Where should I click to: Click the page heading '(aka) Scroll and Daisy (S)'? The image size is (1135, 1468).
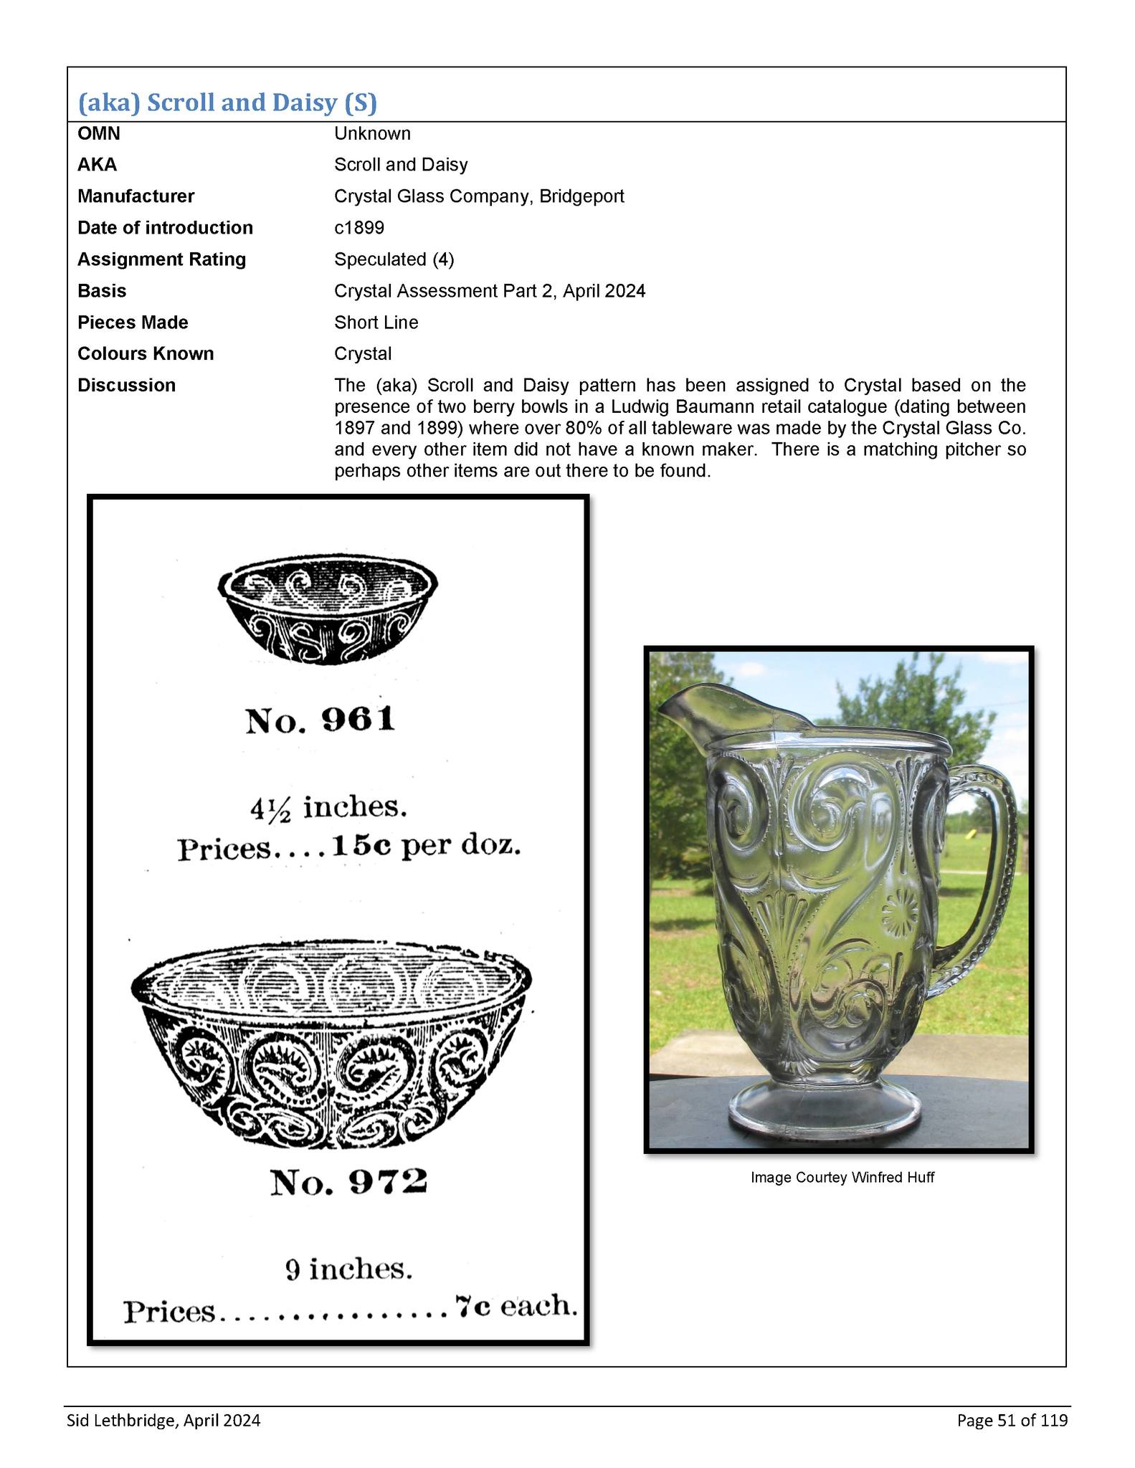[x=227, y=103]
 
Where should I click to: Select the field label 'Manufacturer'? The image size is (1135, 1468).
[x=136, y=196]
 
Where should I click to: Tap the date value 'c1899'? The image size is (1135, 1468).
[x=358, y=228]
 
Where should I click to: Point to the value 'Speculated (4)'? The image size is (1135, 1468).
[x=394, y=259]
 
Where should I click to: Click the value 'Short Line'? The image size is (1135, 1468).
[x=376, y=323]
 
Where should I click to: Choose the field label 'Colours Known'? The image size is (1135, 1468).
[x=146, y=354]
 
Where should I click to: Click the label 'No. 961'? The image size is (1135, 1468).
[x=320, y=720]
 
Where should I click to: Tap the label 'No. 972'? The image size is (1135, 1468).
[x=348, y=1182]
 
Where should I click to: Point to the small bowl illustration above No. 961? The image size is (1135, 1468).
[x=328, y=609]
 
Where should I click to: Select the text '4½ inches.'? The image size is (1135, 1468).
[x=328, y=809]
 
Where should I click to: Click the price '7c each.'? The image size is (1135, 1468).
[x=516, y=1307]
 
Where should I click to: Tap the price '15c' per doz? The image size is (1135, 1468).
[x=361, y=847]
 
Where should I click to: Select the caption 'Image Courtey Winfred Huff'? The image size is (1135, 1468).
[x=842, y=1178]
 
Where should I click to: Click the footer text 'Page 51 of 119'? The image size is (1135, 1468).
[x=1012, y=1420]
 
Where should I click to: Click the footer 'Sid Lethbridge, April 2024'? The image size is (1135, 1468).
[x=163, y=1420]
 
